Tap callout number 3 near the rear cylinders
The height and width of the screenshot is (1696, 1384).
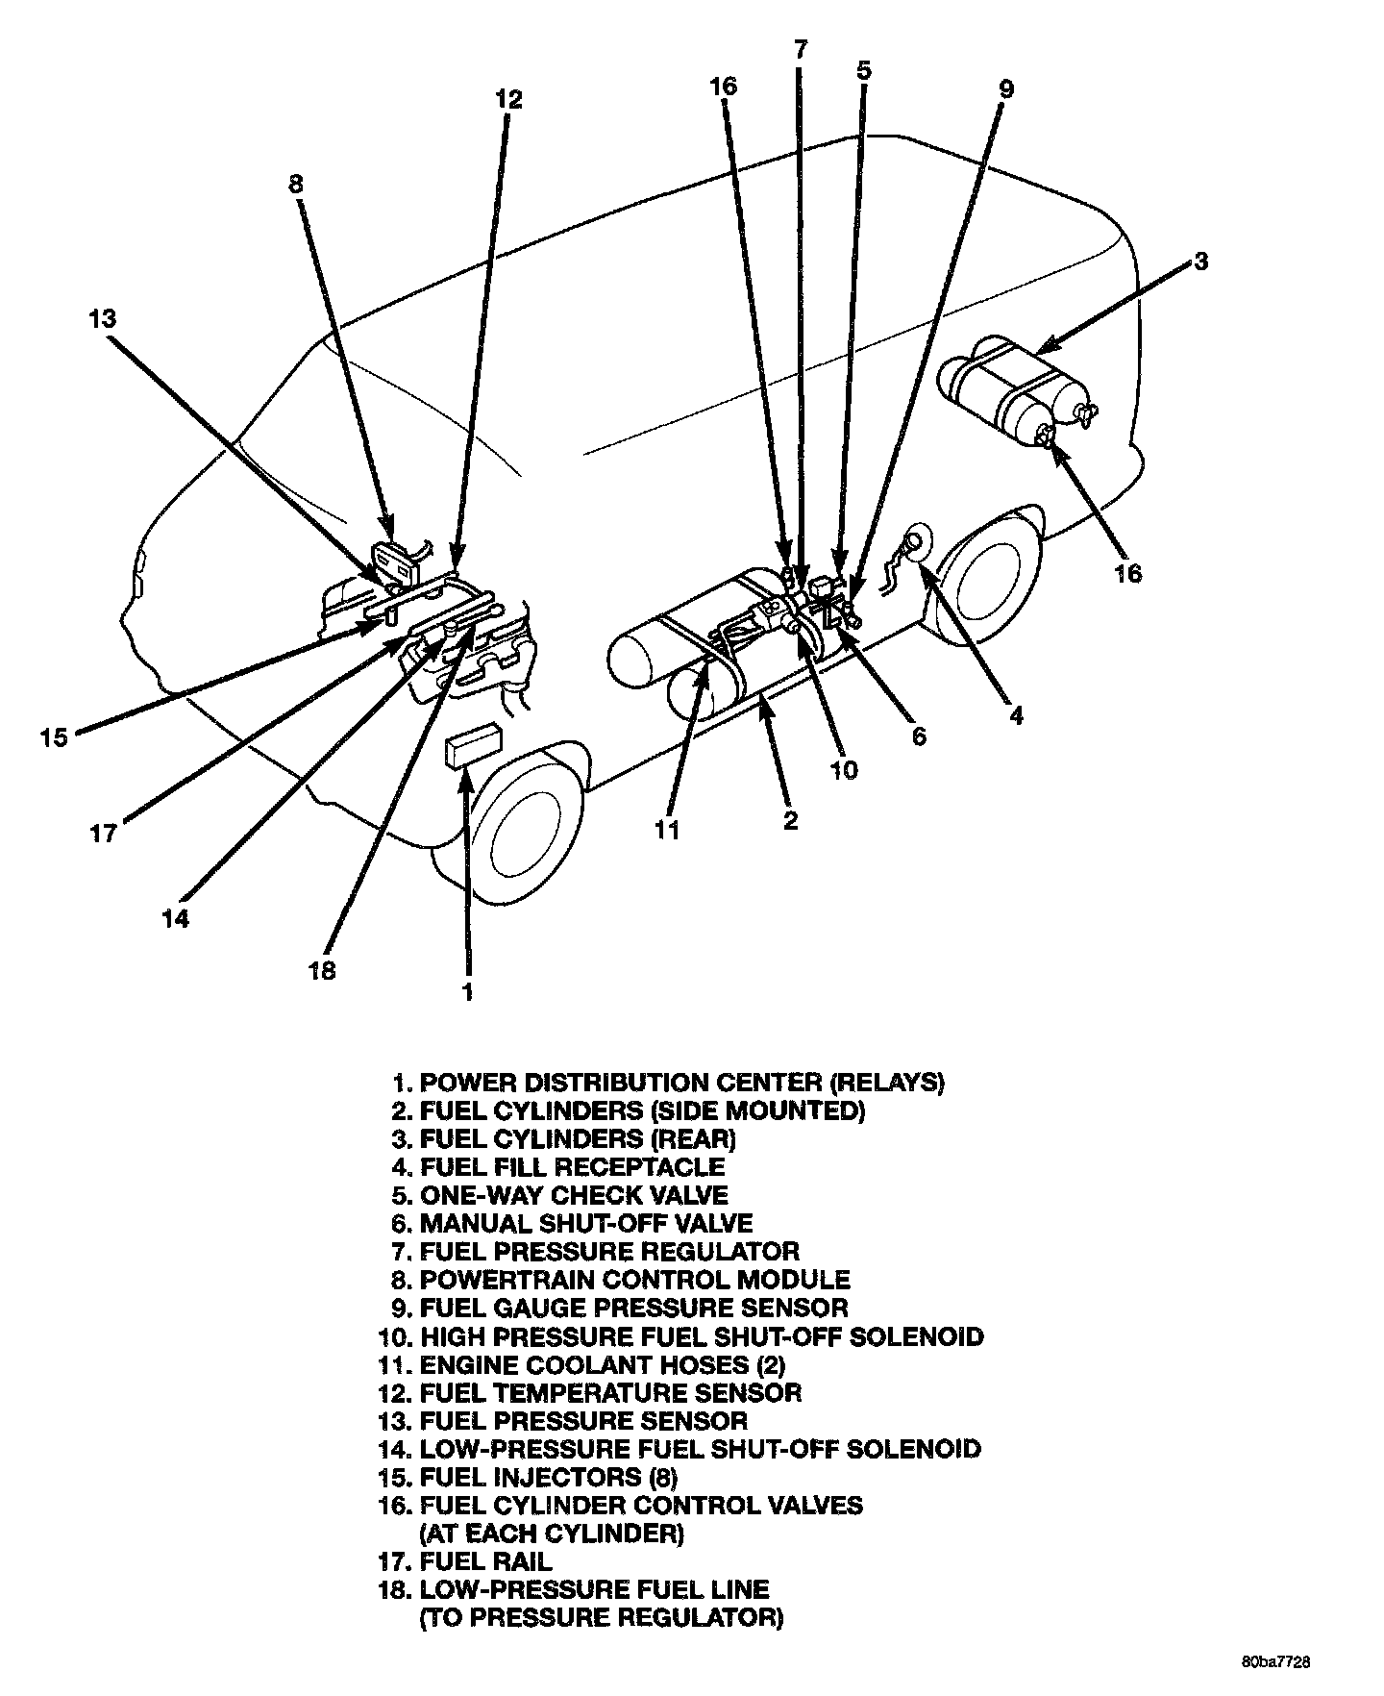[1200, 262]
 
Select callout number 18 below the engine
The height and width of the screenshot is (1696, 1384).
[323, 971]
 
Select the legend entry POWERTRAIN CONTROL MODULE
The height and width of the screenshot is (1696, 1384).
[633, 1280]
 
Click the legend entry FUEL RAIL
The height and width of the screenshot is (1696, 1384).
[485, 1562]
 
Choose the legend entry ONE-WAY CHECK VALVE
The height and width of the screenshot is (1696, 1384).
[573, 1195]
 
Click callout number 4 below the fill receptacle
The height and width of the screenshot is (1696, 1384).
[1016, 716]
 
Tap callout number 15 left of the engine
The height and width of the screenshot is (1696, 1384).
[55, 738]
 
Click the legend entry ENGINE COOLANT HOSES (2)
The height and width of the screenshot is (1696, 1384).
[597, 1364]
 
